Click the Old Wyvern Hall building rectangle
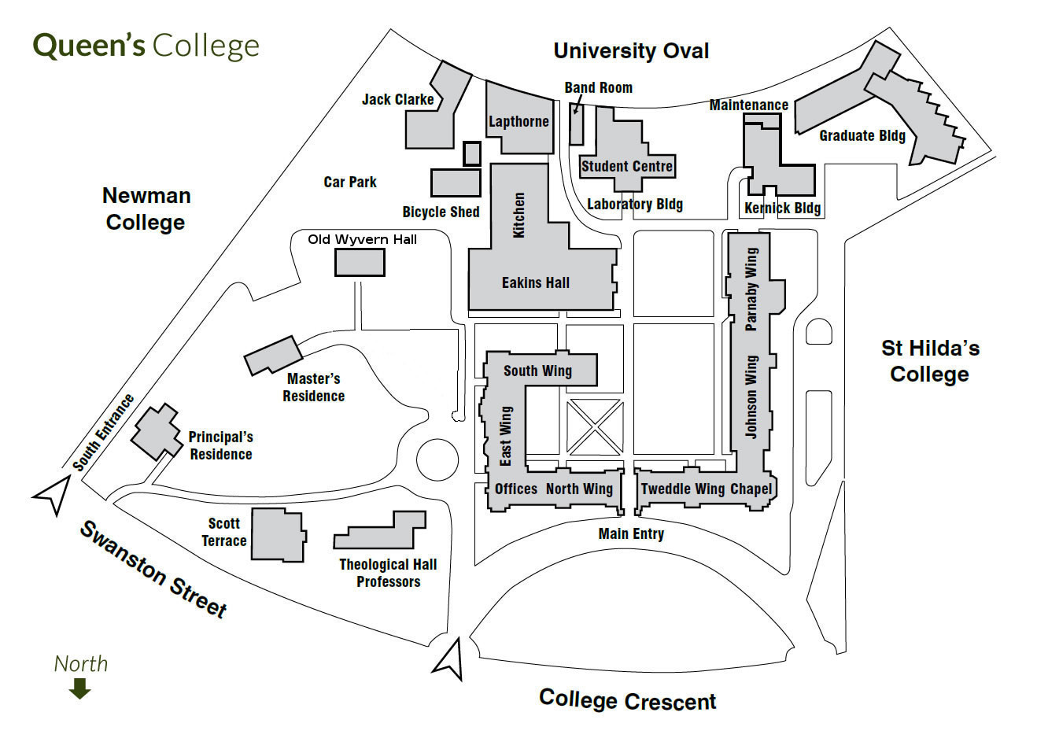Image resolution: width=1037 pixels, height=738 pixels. (360, 262)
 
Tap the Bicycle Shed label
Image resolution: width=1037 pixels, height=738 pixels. (441, 212)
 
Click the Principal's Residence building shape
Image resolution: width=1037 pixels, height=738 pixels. (157, 431)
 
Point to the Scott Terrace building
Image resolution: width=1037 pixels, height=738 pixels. (278, 535)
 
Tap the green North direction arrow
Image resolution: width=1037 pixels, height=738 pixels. (80, 689)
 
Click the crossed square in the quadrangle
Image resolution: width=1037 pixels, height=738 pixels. (594, 428)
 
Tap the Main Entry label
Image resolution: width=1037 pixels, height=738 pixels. (631, 534)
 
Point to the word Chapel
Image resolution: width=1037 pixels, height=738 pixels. (751, 489)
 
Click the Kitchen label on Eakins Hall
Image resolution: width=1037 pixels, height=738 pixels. (518, 215)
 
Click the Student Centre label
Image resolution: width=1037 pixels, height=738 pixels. (627, 166)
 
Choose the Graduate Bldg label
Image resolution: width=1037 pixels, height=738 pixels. (862, 135)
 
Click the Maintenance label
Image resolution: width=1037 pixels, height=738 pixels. (748, 105)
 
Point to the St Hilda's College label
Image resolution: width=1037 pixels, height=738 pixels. (929, 360)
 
